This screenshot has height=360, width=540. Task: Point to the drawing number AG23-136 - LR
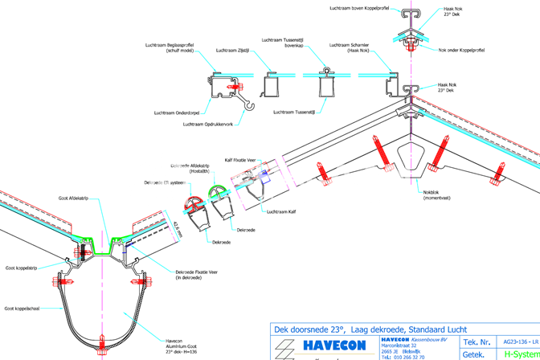point(517,342)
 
